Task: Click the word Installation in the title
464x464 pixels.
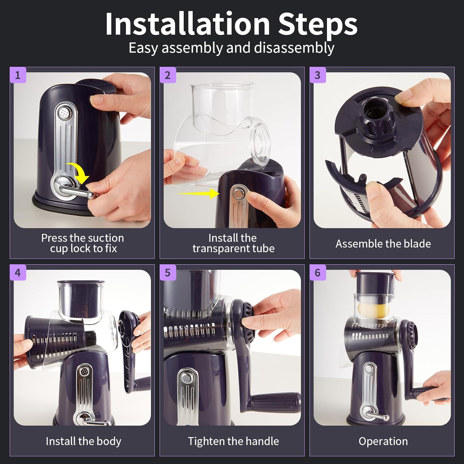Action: tap(187, 24)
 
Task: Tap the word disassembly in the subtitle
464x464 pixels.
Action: tap(294, 48)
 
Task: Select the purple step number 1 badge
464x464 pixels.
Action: tap(18, 75)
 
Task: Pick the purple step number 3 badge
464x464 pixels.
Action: tap(317, 75)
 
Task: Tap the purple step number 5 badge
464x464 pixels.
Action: tap(168, 273)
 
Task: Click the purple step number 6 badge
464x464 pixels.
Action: tap(317, 273)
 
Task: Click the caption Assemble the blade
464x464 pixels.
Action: tap(383, 244)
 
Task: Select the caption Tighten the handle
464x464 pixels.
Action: tap(233, 441)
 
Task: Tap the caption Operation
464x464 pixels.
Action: tap(383, 441)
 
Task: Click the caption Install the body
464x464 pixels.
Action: tap(83, 441)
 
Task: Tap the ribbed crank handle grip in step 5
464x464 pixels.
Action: tap(275, 402)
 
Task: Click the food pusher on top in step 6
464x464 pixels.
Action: tap(375, 283)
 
